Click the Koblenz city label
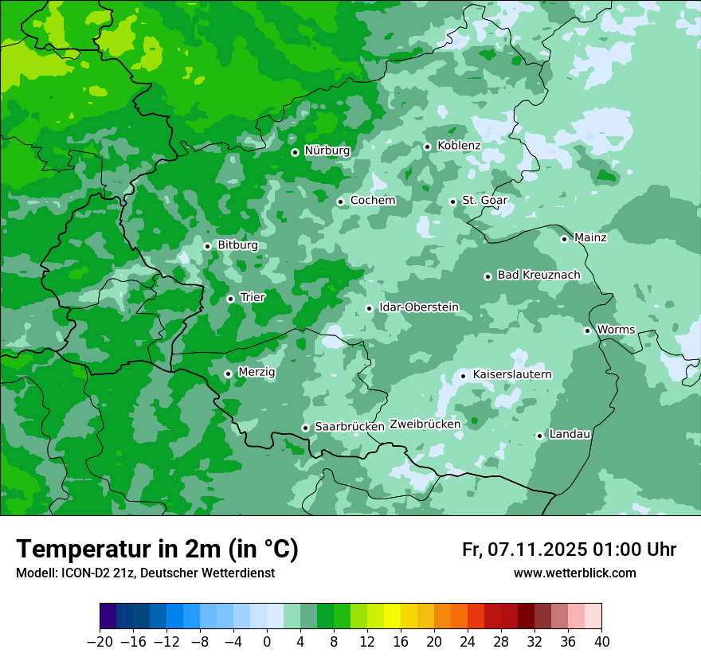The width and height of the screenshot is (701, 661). pyautogui.click(x=459, y=146)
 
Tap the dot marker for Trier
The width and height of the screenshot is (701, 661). pyautogui.click(x=230, y=299)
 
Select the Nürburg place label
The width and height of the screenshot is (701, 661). pyautogui.click(x=327, y=151)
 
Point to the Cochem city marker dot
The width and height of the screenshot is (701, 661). pyautogui.click(x=340, y=201)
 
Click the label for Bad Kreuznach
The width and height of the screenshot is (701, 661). pyautogui.click(x=538, y=275)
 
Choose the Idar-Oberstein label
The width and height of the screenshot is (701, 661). pyautogui.click(x=419, y=307)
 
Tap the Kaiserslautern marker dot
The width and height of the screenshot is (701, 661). pyautogui.click(x=463, y=376)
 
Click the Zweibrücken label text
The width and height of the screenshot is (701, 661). pyautogui.click(x=425, y=424)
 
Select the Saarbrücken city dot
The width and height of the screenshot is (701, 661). pyautogui.click(x=305, y=428)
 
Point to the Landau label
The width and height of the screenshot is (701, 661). pyautogui.click(x=570, y=434)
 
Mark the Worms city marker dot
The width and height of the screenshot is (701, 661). pyautogui.click(x=587, y=330)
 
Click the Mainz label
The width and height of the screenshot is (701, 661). pyautogui.click(x=590, y=237)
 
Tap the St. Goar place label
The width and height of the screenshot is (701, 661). pyautogui.click(x=484, y=201)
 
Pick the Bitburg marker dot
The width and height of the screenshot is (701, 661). pyautogui.click(x=207, y=246)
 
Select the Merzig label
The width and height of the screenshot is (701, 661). pyautogui.click(x=257, y=372)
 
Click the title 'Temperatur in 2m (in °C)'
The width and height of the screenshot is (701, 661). pyautogui.click(x=157, y=550)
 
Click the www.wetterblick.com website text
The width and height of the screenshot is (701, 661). pyautogui.click(x=574, y=573)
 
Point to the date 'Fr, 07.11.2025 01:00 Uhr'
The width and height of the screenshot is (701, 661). pyautogui.click(x=569, y=550)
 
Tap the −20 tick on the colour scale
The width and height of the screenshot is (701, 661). pyautogui.click(x=100, y=642)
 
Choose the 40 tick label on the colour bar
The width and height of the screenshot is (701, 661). pyautogui.click(x=601, y=642)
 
